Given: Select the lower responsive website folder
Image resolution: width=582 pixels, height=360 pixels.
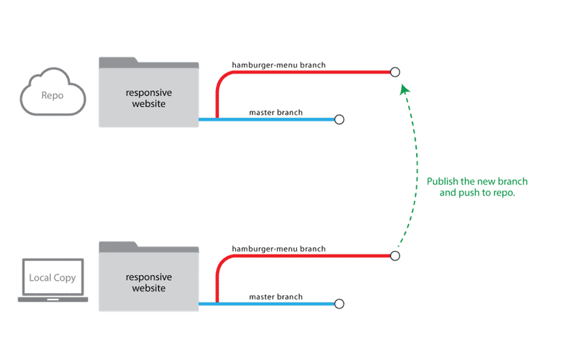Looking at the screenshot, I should (148, 279).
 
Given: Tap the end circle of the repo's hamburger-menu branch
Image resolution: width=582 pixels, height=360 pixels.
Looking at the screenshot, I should (395, 71).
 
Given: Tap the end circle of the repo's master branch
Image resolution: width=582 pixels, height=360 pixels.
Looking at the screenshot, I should (338, 119).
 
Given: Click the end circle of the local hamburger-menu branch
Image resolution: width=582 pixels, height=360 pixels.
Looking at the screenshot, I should (395, 256).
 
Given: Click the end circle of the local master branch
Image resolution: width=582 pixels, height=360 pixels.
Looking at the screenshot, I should (338, 303).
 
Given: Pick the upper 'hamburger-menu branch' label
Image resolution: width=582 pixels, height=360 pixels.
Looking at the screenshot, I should (279, 65).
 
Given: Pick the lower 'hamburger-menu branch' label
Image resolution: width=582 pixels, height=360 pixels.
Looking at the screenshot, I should (279, 249).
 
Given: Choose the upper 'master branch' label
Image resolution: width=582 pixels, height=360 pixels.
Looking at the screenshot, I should (276, 112).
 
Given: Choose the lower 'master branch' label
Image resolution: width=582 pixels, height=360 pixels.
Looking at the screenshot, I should (276, 297).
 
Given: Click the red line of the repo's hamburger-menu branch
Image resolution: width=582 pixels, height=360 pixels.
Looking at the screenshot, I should (306, 71).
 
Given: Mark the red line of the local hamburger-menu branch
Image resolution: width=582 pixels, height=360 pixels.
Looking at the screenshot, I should (306, 256).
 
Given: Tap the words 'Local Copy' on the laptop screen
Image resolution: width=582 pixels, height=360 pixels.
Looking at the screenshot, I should (52, 278).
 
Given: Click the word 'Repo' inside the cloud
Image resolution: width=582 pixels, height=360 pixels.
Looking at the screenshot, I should (51, 95).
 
